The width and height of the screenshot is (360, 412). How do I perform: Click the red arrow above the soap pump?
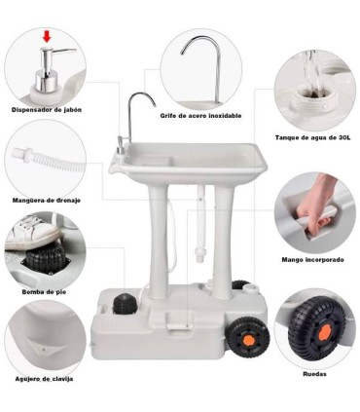[47, 37]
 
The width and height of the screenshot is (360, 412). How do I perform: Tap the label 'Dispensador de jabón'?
[47, 110]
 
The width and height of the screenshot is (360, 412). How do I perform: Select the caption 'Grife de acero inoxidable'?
[200, 116]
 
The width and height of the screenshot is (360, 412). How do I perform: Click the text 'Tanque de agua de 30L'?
[312, 137]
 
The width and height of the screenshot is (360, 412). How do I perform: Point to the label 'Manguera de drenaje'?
[47, 201]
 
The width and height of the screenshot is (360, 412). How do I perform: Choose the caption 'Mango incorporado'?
[312, 260]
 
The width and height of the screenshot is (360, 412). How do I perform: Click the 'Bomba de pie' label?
[44, 292]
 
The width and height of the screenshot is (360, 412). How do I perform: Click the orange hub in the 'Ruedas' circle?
[324, 333]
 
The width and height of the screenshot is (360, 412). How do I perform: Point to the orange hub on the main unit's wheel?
[248, 339]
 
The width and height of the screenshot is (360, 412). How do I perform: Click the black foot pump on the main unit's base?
[124, 304]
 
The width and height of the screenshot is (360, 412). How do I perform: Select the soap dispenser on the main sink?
[120, 145]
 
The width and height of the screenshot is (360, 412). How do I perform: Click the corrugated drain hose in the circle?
[49, 160]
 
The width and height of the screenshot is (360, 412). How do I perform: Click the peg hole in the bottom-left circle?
[44, 350]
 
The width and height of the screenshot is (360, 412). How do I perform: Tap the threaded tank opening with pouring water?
[312, 98]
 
